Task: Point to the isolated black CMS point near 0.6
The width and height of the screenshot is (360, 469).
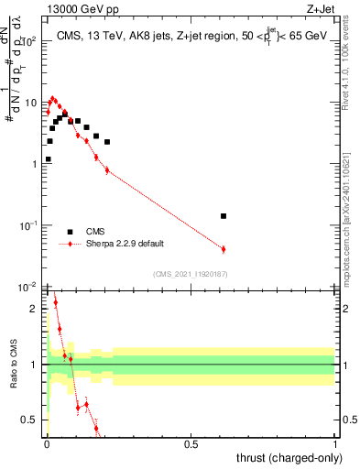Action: point(224,216)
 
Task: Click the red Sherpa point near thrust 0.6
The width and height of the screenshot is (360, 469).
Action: point(224,249)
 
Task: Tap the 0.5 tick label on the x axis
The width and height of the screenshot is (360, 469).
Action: point(191,444)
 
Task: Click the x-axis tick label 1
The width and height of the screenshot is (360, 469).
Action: point(335,444)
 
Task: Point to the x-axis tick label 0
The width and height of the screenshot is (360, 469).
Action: point(47,444)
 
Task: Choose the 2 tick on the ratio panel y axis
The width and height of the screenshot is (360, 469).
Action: point(35,309)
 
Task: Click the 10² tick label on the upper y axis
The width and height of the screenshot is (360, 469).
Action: point(30,41)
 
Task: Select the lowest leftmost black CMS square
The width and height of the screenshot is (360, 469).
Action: point(48,159)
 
